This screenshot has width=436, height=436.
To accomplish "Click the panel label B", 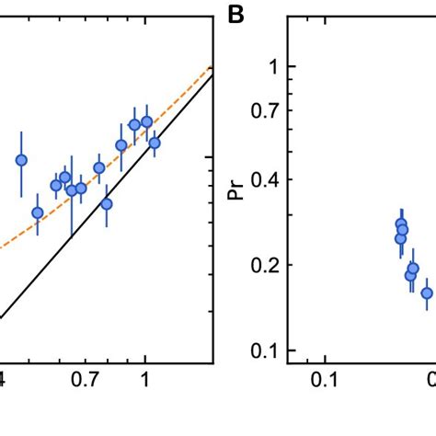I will pyautogui.click(x=237, y=16).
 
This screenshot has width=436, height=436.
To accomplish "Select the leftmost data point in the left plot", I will pyautogui.click(x=21, y=160).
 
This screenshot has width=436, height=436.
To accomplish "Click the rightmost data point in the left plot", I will pyautogui.click(x=155, y=143).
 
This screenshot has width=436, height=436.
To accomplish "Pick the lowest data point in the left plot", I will pyautogui.click(x=38, y=212).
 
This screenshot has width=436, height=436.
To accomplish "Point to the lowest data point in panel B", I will pyautogui.click(x=427, y=293).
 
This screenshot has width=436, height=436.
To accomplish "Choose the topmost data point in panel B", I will pyautogui.click(x=401, y=224).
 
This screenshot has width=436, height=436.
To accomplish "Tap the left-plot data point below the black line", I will pyautogui.click(x=107, y=203).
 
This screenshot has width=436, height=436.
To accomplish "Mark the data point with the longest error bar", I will pyautogui.click(x=72, y=190).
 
